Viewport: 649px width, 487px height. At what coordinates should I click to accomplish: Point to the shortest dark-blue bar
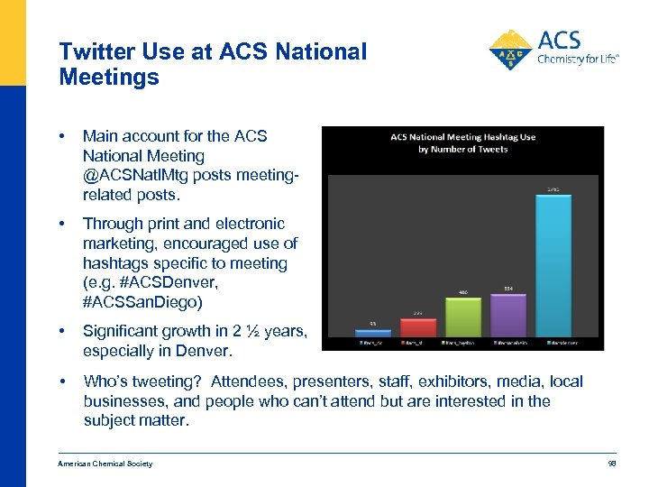(x=372, y=333)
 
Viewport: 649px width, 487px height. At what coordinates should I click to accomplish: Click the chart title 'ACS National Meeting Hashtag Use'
(x=462, y=137)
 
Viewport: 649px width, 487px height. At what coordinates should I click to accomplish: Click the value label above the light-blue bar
(x=553, y=188)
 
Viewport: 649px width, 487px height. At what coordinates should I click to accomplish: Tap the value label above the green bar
(x=462, y=292)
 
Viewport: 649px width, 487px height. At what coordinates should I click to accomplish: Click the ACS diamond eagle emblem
(x=510, y=51)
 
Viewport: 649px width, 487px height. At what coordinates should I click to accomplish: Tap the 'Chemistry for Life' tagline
(x=578, y=60)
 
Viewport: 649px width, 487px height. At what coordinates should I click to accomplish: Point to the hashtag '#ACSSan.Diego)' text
(x=142, y=303)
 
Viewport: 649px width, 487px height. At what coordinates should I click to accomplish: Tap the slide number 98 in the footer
(x=611, y=464)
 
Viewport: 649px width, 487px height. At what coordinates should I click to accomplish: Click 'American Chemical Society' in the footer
(x=105, y=464)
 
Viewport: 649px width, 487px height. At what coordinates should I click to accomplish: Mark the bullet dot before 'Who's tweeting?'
(x=62, y=381)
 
